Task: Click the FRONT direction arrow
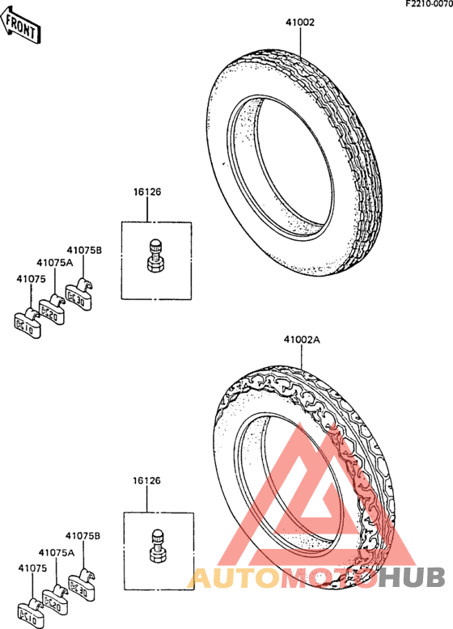pos(20,25)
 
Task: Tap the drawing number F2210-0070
pos(429,4)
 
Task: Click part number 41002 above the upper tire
pos(300,23)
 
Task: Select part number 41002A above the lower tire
pos(302,340)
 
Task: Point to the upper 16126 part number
pos(147,192)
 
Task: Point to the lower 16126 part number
pos(147,480)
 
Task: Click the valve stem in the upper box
pos(155,255)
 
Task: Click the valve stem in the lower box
pos(158,546)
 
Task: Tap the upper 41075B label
pos(84,251)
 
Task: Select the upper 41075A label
pos(55,263)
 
